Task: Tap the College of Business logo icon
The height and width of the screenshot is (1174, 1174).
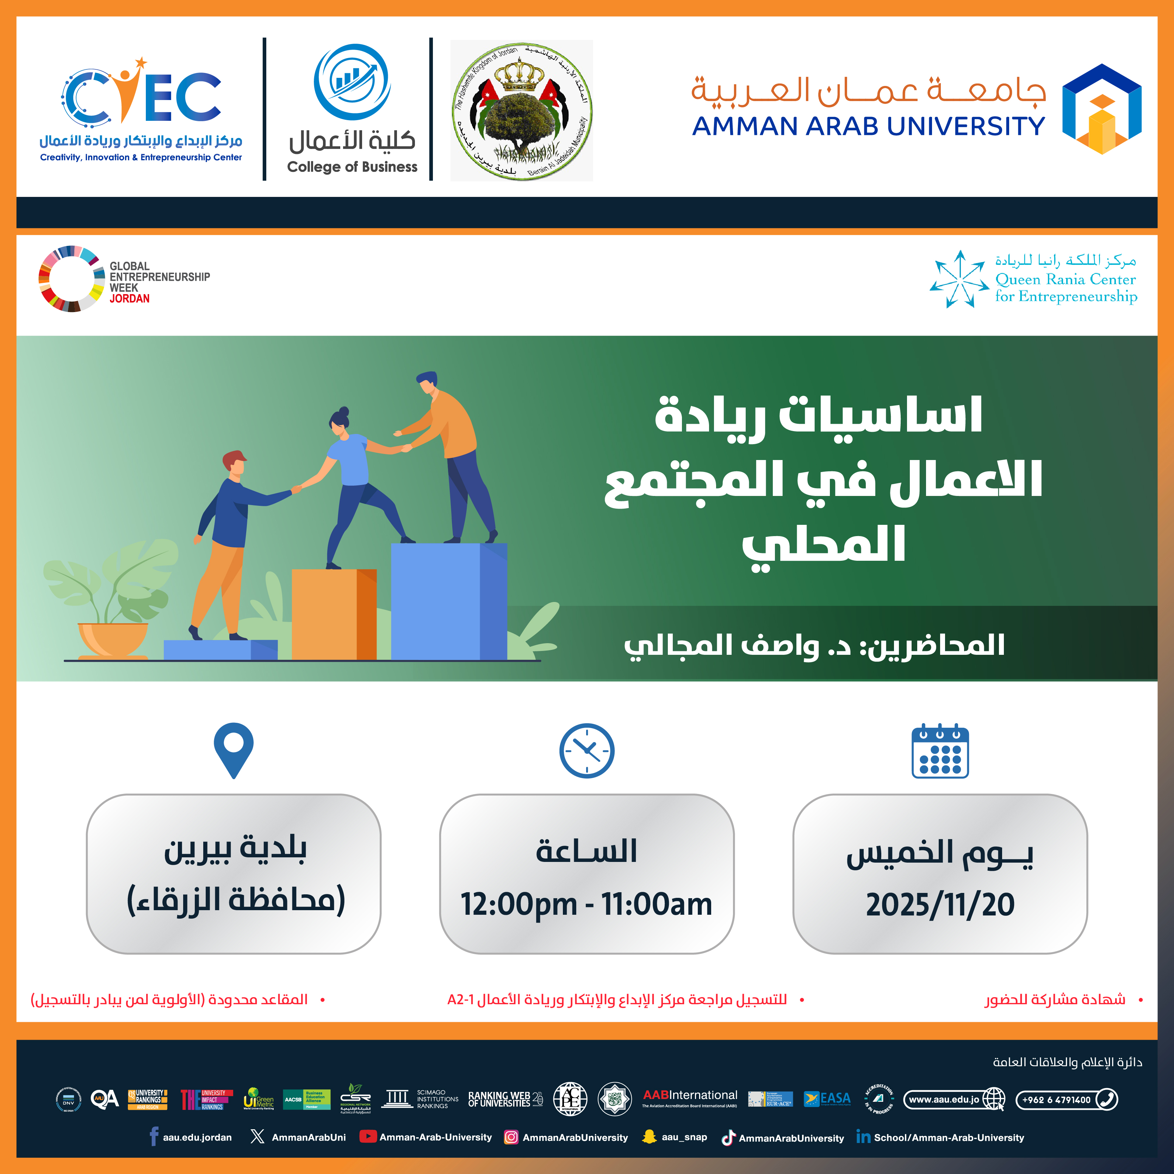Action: tap(352, 82)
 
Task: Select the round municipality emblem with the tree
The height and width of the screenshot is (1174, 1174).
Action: tap(521, 111)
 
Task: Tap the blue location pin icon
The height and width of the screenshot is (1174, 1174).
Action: tap(233, 749)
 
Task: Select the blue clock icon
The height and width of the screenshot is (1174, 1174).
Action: tap(586, 751)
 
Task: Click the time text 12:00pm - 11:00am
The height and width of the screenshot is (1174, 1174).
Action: tap(586, 904)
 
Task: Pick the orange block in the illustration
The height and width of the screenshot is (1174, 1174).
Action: tap(334, 614)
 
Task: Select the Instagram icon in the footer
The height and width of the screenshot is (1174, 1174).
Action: tap(511, 1137)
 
